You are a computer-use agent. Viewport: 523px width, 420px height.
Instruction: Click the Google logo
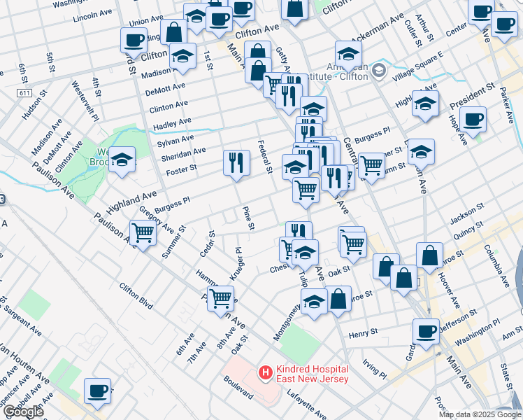[23, 412]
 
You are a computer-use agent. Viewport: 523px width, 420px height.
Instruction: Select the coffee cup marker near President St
[473, 120]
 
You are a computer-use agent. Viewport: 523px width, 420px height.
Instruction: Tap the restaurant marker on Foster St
[236, 164]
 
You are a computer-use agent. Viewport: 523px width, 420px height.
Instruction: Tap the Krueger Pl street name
[236, 264]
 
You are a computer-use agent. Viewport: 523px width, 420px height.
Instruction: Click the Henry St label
[363, 331]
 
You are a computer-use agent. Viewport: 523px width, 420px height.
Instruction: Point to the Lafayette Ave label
[307, 405]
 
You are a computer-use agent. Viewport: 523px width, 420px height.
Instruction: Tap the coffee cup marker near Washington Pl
[426, 332]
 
